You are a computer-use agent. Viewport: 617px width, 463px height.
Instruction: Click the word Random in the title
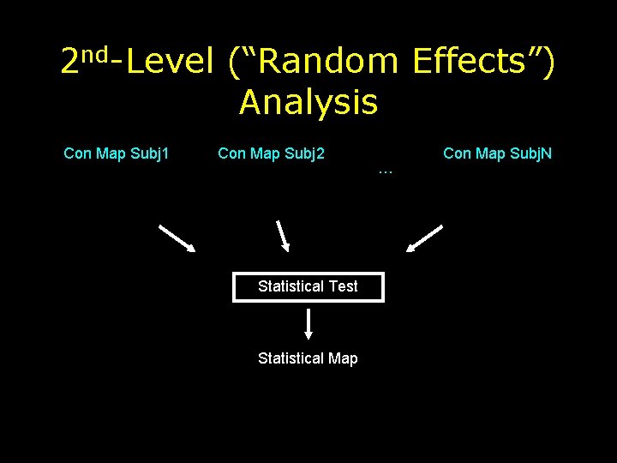[328, 61]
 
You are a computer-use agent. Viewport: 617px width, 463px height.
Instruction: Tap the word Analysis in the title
[308, 102]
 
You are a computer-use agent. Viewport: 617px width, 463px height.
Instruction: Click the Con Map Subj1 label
[117, 153]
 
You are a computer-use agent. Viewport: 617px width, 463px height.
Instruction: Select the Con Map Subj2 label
[271, 153]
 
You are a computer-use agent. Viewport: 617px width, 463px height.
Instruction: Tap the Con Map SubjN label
[497, 153]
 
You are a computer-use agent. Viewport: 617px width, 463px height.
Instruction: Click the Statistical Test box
[308, 286]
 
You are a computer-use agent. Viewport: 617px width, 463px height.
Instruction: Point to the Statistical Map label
[308, 358]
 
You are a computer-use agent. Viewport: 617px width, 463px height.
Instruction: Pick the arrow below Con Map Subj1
[177, 238]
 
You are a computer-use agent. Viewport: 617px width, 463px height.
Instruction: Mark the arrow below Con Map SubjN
[424, 238]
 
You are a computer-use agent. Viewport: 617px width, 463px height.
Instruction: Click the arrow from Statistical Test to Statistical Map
[308, 324]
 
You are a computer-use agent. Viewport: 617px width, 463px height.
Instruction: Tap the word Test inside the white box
[343, 286]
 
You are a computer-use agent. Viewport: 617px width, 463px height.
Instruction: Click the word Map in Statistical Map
[343, 358]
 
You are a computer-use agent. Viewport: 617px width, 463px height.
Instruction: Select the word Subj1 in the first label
[149, 153]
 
